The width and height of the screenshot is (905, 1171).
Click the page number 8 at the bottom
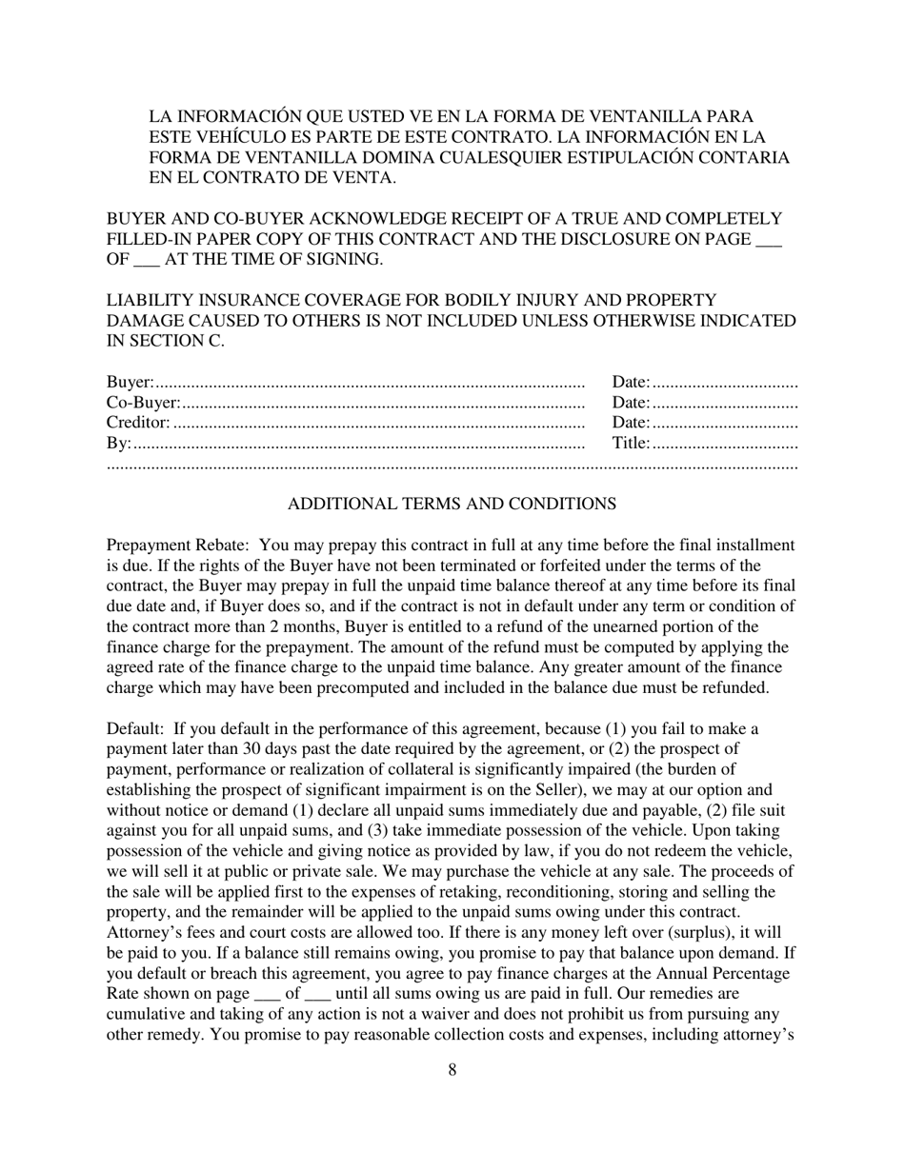pyautogui.click(x=452, y=1069)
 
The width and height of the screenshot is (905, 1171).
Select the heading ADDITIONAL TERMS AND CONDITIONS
pyautogui.click(x=452, y=504)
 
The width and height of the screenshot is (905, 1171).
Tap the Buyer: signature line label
pyautogui.click(x=131, y=383)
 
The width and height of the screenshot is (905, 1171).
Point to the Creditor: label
pyautogui.click(x=138, y=423)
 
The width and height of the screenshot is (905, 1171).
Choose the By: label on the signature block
pyautogui.click(x=118, y=443)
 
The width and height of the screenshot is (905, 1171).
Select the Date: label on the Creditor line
pyautogui.click(x=631, y=423)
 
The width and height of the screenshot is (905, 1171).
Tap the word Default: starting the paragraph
pyautogui.click(x=134, y=729)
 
